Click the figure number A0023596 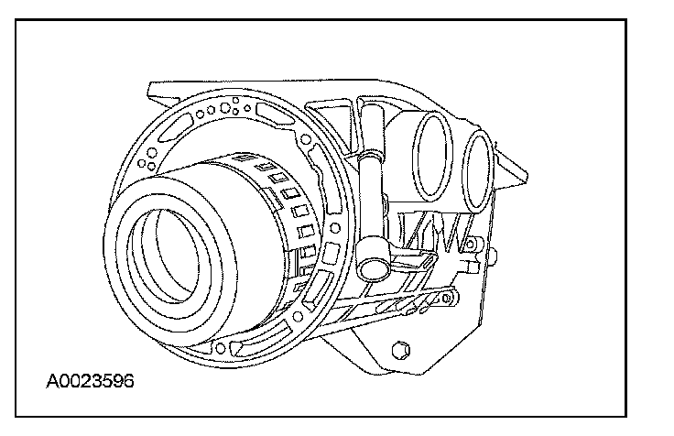click(90, 381)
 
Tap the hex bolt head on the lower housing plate click(401, 350)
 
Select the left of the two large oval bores click(433, 156)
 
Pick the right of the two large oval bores click(478, 172)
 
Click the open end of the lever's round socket click(374, 268)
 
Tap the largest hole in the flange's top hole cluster click(225, 107)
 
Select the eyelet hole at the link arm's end click(447, 298)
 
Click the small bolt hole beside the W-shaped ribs click(471, 245)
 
